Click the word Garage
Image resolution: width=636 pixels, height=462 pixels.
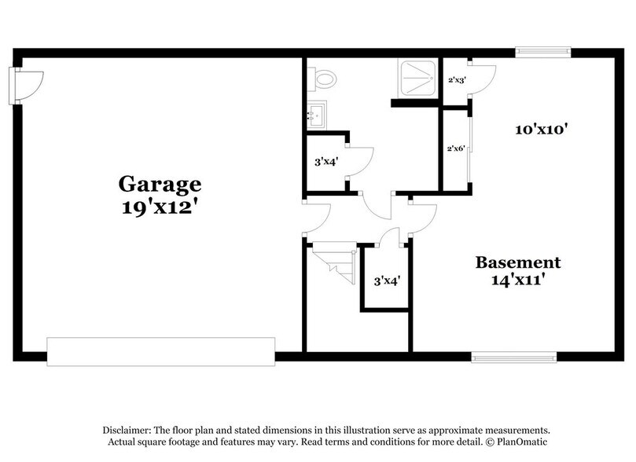click(x=160, y=184)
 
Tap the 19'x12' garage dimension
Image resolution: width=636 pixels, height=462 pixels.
click(x=160, y=209)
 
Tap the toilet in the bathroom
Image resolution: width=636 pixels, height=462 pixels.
click(x=323, y=79)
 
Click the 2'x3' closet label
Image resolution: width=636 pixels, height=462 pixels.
click(x=457, y=79)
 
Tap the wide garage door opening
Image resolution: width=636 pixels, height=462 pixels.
click(x=160, y=351)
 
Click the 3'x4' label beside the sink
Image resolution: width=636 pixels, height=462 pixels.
click(x=325, y=163)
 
